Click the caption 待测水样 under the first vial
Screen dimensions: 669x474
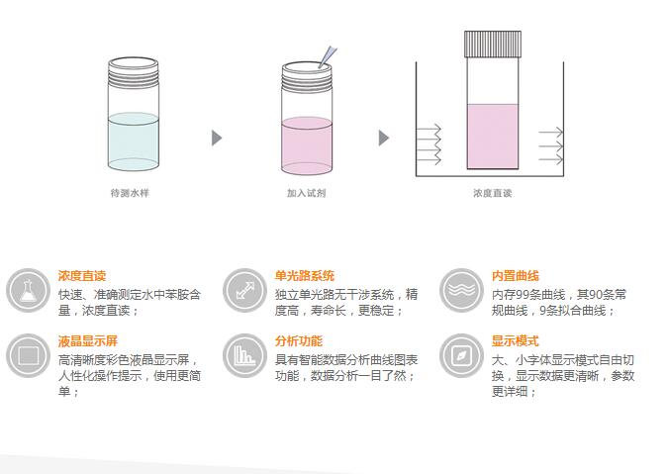point(130,193)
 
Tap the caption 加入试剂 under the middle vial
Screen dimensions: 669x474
point(307,193)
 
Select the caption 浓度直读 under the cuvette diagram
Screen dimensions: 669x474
point(493,193)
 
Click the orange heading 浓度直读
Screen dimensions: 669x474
point(82,276)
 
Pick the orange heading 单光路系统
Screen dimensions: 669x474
point(305,276)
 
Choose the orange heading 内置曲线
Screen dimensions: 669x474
point(516,276)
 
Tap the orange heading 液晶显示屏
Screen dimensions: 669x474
point(88,340)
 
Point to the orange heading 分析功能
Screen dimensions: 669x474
point(299,340)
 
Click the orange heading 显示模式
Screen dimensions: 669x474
point(516,340)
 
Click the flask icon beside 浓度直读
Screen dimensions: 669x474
point(28,290)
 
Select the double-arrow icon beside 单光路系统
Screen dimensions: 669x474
point(244,290)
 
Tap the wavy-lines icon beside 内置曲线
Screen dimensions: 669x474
point(461,290)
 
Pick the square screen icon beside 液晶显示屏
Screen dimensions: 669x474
point(28,355)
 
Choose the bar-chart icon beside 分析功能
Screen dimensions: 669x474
point(244,355)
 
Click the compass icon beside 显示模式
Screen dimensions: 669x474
point(461,355)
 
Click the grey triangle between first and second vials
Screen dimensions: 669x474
point(217,138)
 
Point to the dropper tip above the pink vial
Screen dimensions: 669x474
point(320,67)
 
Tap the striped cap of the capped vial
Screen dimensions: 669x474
point(493,44)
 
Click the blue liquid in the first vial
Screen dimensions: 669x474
point(134,142)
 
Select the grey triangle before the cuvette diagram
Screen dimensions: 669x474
point(384,138)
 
